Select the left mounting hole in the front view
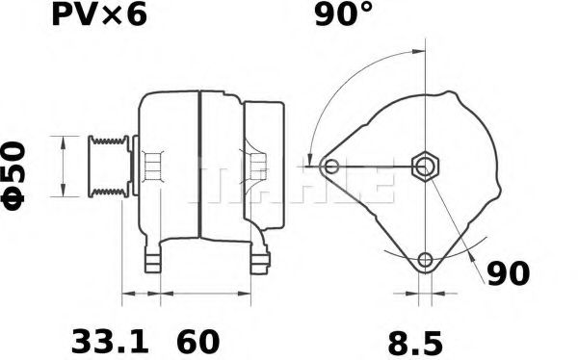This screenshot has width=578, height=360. pyautogui.click(x=332, y=167)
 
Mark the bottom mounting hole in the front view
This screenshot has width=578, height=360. pyautogui.click(x=424, y=259)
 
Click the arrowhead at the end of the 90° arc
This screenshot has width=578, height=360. pyautogui.click(x=309, y=160)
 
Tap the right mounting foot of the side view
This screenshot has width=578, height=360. pyautogui.click(x=259, y=258)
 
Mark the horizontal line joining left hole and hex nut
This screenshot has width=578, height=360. pyautogui.click(x=376, y=167)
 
